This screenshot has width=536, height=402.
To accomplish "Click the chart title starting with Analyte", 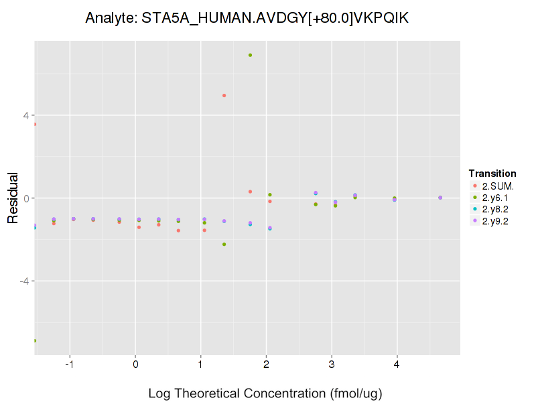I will tap(247, 19).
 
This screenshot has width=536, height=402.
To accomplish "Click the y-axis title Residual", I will tap(13, 198).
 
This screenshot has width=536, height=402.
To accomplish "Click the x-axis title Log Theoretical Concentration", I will tap(247, 393).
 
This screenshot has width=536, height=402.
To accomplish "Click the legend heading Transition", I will tap(492, 174).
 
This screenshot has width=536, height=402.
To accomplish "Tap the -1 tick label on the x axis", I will tap(69, 364).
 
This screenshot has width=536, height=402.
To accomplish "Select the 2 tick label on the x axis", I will tap(266, 364).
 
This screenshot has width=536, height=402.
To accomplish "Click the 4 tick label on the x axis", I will tap(397, 364).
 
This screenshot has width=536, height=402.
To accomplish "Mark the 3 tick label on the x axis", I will tap(332, 364).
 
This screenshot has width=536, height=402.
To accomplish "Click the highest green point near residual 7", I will tap(250, 55).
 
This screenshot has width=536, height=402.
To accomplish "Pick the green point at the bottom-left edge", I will tap(35, 340).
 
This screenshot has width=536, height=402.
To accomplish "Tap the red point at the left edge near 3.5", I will tap(35, 125).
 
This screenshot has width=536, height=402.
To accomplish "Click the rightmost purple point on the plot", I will tap(440, 198).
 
